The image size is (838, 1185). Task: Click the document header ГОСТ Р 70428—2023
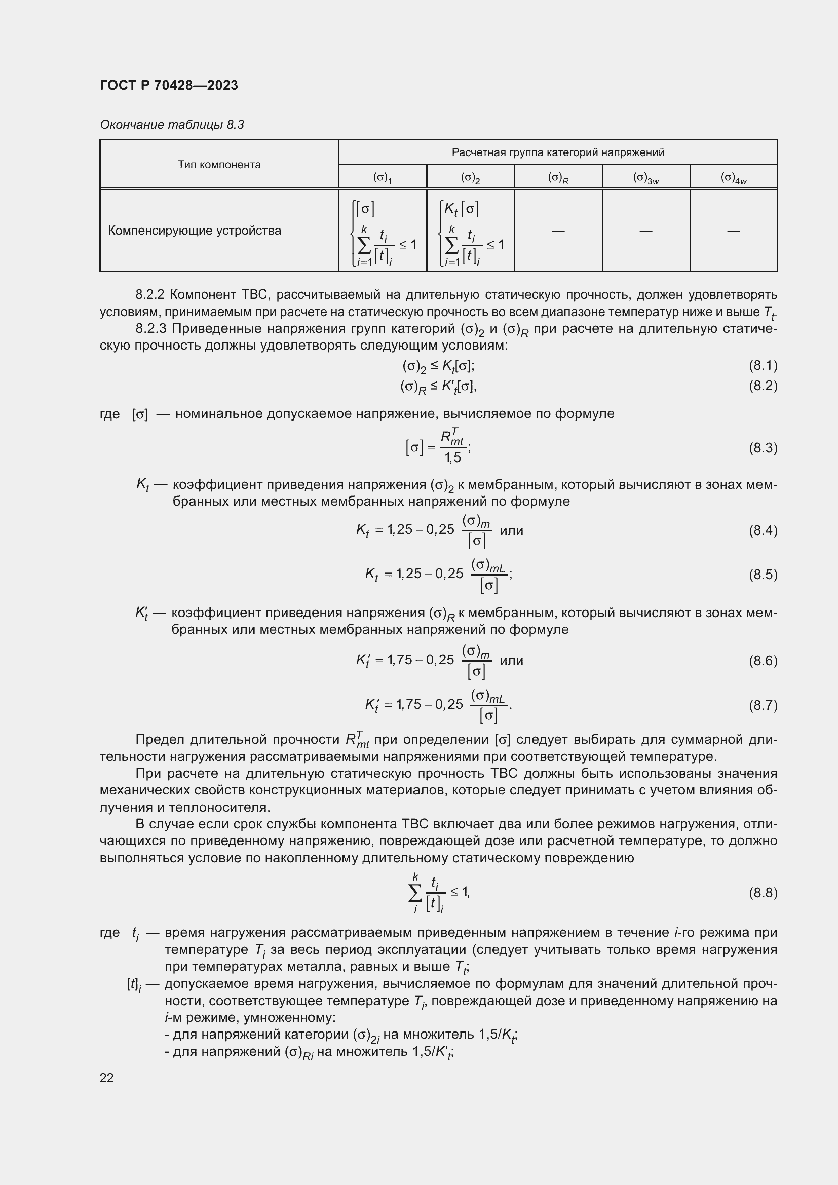click(x=169, y=85)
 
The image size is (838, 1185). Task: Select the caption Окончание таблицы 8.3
click(x=172, y=125)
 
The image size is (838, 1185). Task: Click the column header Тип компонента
click(x=219, y=165)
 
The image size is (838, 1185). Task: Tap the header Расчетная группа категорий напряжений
click(x=558, y=152)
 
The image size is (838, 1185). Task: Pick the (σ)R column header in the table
click(x=558, y=178)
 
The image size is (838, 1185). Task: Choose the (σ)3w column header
click(x=645, y=178)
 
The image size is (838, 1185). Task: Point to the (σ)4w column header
click(x=733, y=178)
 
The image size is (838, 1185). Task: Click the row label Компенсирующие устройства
click(x=195, y=230)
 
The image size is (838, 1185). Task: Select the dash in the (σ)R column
click(x=558, y=231)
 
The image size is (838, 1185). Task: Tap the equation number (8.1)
click(x=763, y=365)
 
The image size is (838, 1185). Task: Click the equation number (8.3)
click(x=763, y=447)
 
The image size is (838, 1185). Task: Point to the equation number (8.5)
click(x=763, y=575)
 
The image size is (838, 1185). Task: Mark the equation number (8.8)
click(x=763, y=892)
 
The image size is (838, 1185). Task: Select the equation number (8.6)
click(x=763, y=661)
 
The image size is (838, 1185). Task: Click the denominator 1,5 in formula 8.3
click(x=452, y=457)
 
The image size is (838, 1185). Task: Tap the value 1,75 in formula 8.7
click(x=408, y=705)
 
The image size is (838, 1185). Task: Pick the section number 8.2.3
click(x=150, y=329)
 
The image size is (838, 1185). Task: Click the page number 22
click(x=107, y=1077)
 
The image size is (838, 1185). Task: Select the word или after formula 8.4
click(x=511, y=530)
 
